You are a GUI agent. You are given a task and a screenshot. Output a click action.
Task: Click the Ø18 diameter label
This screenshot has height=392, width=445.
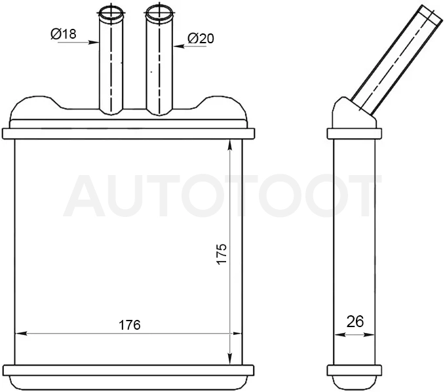64,34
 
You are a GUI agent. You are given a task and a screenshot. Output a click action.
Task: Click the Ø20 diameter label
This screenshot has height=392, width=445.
201,38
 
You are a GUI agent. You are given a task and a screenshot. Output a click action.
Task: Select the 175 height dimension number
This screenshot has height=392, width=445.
222,254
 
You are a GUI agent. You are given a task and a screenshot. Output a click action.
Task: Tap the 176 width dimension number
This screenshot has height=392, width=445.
129,325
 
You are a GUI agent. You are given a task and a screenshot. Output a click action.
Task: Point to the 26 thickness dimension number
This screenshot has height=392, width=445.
355,321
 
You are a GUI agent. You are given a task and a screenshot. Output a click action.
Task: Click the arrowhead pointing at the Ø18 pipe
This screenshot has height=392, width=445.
94,43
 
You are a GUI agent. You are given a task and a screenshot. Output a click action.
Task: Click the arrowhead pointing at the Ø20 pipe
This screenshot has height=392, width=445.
178,46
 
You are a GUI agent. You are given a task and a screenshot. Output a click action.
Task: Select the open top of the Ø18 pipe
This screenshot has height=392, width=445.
111,12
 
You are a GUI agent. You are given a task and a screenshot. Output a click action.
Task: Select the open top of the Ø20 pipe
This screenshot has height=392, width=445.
159,12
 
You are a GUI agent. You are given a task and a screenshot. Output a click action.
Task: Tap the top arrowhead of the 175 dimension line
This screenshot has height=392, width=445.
230,145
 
